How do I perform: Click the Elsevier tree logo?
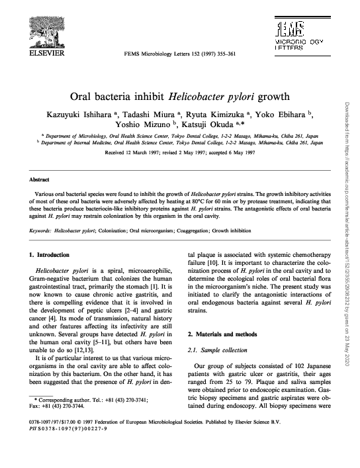pos(42,27)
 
